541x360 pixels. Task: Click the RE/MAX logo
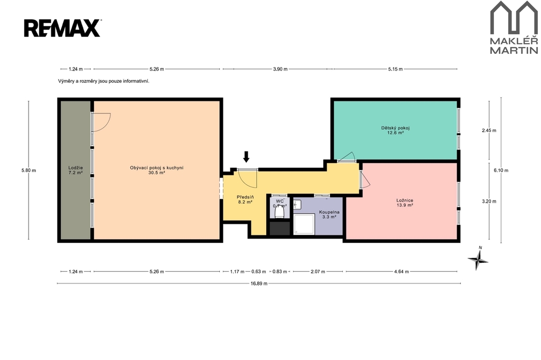pyautogui.click(x=62, y=28)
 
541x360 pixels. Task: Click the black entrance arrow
pyautogui.click(x=246, y=157)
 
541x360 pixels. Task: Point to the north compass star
pyautogui.click(x=478, y=260)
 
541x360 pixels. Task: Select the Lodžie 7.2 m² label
pyautogui.click(x=75, y=170)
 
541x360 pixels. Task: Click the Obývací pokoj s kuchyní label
pyautogui.click(x=156, y=170)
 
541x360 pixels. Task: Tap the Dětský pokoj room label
pyautogui.click(x=395, y=130)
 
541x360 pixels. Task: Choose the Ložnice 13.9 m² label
pyautogui.click(x=405, y=203)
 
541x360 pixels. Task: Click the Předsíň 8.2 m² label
pyautogui.click(x=245, y=200)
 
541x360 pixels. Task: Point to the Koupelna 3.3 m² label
pyautogui.click(x=329, y=214)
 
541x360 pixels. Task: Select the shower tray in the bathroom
pyautogui.click(x=304, y=224)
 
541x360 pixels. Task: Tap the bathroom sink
pyautogui.click(x=297, y=205)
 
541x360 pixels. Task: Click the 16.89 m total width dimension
pyautogui.click(x=259, y=283)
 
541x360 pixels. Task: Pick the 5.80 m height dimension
pyautogui.click(x=29, y=170)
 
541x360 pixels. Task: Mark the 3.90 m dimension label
pyautogui.click(x=280, y=69)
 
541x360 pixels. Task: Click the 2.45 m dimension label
pyautogui.click(x=489, y=130)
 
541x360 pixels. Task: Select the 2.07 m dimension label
pyautogui.click(x=318, y=271)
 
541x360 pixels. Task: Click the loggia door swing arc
pyautogui.click(x=105, y=125)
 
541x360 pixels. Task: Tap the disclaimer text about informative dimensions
pyautogui.click(x=104, y=81)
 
